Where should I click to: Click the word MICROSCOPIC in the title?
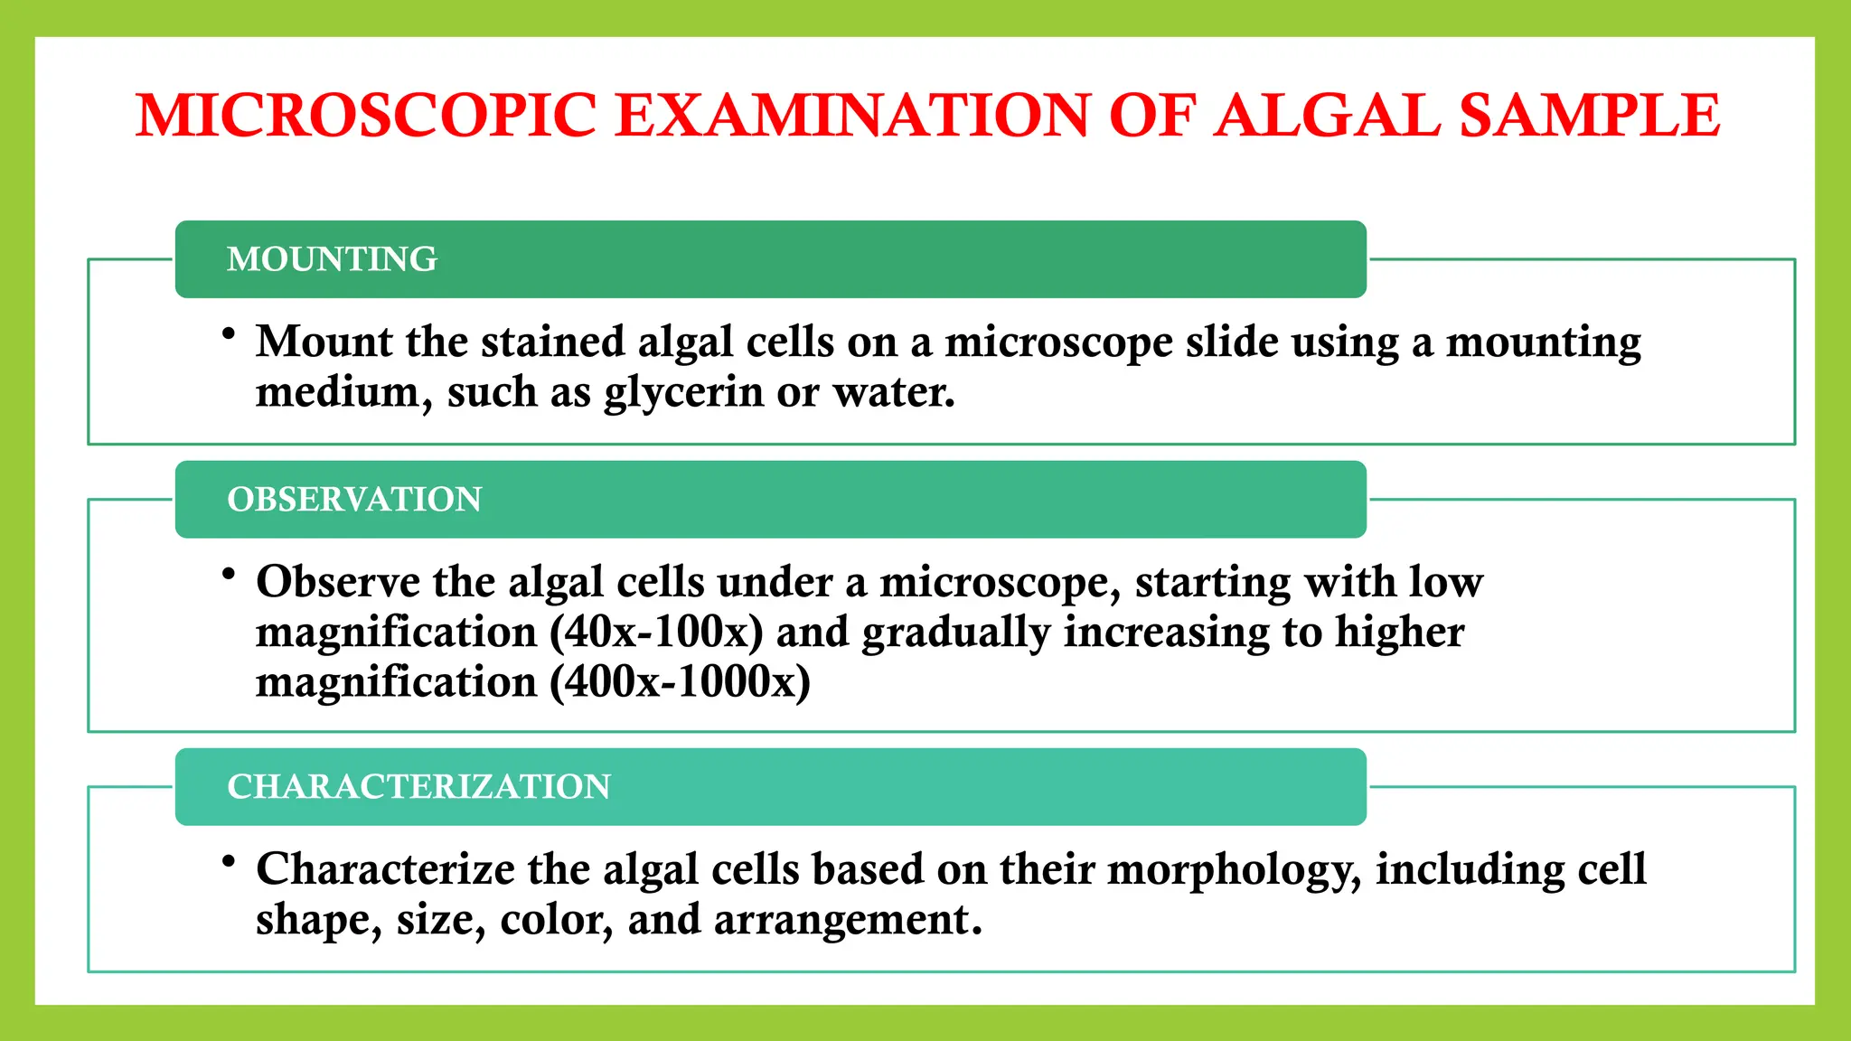[366, 116]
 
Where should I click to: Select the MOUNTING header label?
[332, 259]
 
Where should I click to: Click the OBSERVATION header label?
[354, 500]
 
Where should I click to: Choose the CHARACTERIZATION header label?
[418, 787]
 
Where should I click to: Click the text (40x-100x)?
[656, 632]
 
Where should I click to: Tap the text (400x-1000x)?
[680, 682]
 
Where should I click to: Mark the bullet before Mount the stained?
[229, 334]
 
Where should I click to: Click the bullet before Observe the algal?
[229, 574]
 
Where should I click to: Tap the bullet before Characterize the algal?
[229, 861]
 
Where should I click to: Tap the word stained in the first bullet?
[553, 342]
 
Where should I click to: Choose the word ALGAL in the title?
[1326, 116]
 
